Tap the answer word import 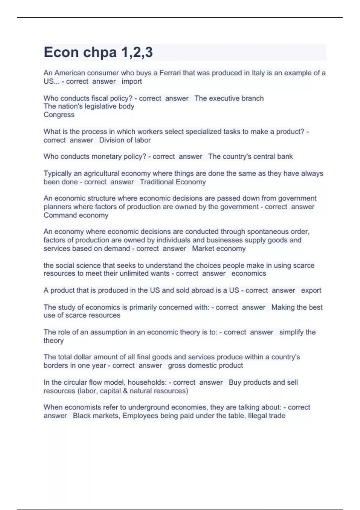coord(132,81)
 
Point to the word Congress coord(59,115)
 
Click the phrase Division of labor coord(125,140)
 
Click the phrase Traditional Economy coord(173,182)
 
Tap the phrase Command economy coord(76,215)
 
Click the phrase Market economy coord(219,248)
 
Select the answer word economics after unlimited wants coord(249,273)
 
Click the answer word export coord(311,290)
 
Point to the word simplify coord(290,332)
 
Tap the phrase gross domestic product coord(205,365)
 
